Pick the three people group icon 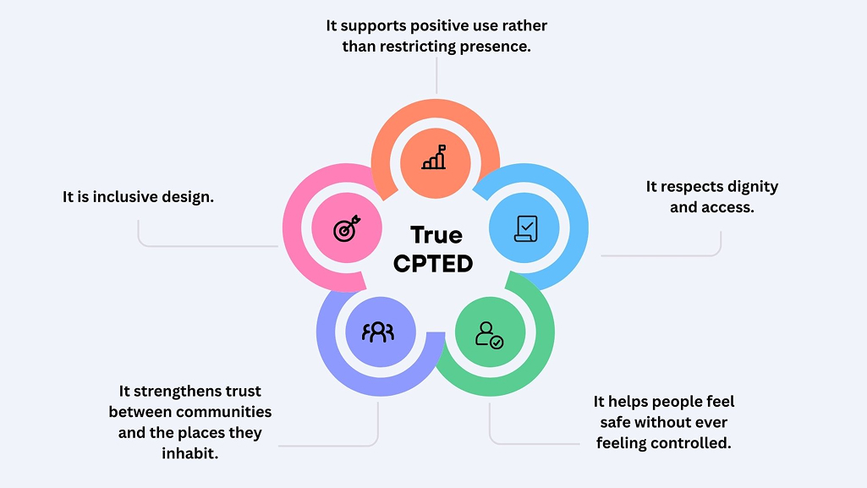tap(378, 332)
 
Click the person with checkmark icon tap(489, 334)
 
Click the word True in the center tap(436, 234)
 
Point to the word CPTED tap(433, 263)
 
